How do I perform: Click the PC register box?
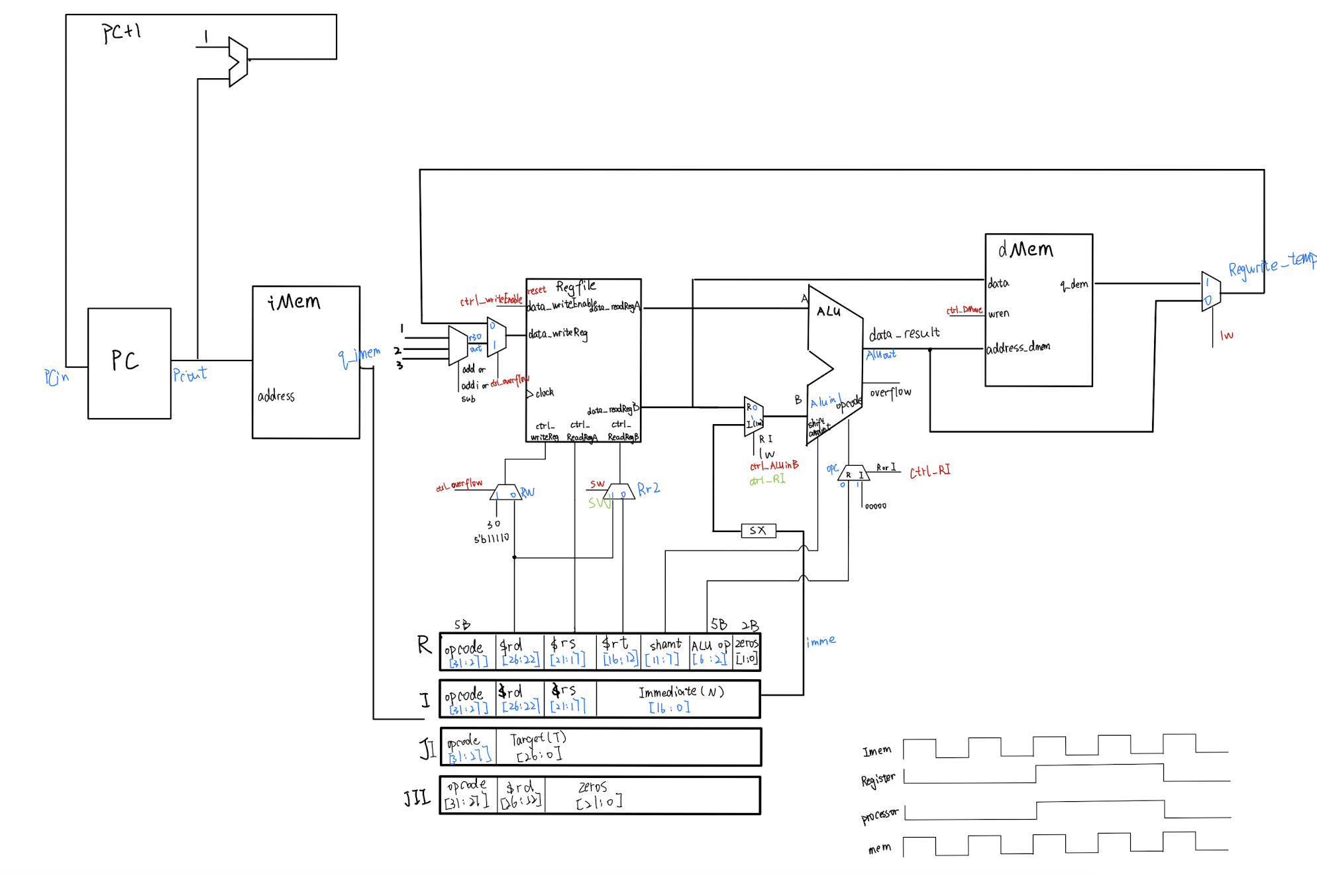tap(129, 362)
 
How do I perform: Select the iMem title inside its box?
tap(293, 302)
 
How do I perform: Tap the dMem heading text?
tap(1026, 249)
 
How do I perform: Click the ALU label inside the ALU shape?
tap(828, 311)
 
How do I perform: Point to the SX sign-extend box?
tap(758, 531)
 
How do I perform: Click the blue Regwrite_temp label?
tap(1271, 265)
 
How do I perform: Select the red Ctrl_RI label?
tap(929, 471)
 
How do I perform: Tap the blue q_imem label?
tap(358, 356)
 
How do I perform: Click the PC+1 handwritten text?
tap(121, 32)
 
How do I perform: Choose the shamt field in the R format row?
tap(664, 651)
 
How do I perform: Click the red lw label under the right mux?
tap(1226, 335)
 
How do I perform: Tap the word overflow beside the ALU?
tap(890, 392)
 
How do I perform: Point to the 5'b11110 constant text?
tap(491, 539)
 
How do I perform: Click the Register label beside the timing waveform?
tap(878, 779)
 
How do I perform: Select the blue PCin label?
tap(56, 377)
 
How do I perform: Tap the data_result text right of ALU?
tap(904, 333)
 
